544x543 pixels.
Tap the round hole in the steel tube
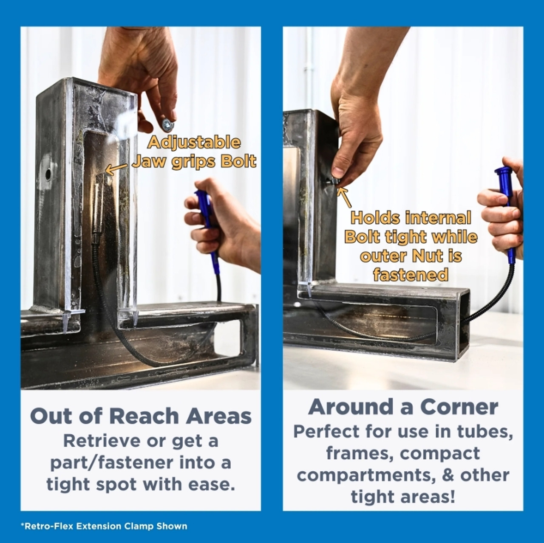[48, 173]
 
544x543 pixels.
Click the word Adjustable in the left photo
[193, 142]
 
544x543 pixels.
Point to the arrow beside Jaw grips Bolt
[115, 169]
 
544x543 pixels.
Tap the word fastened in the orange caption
[411, 275]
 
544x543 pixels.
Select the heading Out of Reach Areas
[141, 416]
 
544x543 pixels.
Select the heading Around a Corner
[403, 407]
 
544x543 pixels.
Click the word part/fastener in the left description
[111, 463]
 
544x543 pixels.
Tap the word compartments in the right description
[366, 475]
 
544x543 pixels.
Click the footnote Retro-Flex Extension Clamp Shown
[104, 526]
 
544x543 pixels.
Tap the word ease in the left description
[212, 484]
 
